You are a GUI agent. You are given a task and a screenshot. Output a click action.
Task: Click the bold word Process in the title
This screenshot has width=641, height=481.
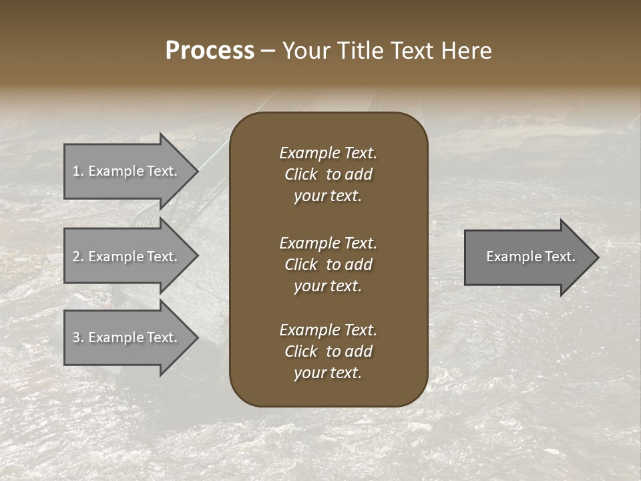pos(210,51)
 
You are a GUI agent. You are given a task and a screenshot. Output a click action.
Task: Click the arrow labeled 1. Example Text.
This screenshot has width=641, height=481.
pos(127,171)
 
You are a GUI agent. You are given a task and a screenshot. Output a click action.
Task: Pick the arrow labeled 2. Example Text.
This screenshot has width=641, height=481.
pos(127,257)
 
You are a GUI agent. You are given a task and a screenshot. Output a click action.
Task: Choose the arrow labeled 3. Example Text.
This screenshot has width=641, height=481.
pos(127,337)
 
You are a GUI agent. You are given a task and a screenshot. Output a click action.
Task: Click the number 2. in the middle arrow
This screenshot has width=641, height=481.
pos(78,257)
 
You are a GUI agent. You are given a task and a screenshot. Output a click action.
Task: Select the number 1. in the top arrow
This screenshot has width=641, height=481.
pos(78,171)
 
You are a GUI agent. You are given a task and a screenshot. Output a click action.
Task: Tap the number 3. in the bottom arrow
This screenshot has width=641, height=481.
pos(78,337)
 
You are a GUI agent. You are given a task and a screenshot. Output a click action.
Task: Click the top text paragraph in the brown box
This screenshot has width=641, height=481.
pos(328,174)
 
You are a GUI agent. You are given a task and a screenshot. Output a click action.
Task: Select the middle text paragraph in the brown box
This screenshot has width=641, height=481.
pos(328,265)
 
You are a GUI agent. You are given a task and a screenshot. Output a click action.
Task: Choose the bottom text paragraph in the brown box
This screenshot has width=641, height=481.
pos(328,351)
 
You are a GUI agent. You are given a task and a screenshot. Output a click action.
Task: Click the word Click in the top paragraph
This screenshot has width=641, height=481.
pos(300,174)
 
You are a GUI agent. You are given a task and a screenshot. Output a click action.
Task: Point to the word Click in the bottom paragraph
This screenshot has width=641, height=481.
pos(300,351)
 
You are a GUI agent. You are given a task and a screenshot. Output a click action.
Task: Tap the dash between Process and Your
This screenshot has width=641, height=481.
pos(268,51)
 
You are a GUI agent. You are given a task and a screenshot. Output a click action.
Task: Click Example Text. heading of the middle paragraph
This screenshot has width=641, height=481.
pos(328,243)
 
